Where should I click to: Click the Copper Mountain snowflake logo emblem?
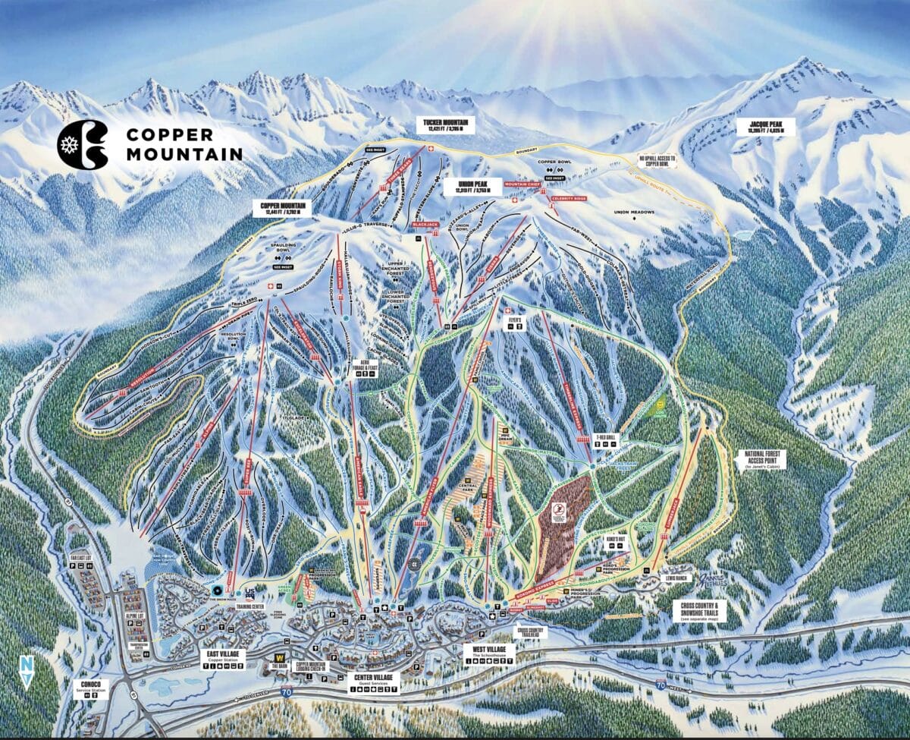pyautogui.click(x=83, y=144)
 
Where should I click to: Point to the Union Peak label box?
pyautogui.click(x=469, y=187)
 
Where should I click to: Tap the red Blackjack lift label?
pyautogui.click(x=425, y=225)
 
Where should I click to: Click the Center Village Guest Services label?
pyautogui.click(x=372, y=682)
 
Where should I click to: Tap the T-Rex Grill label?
pyautogui.click(x=604, y=439)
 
